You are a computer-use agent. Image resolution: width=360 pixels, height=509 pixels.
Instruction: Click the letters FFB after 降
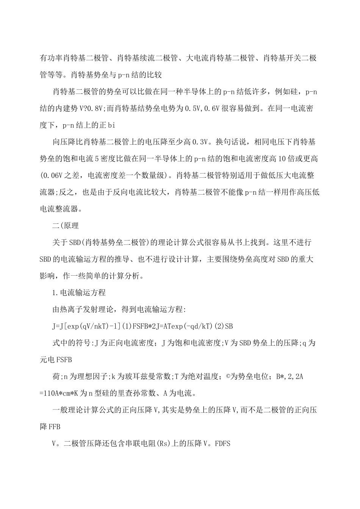(x=54, y=426)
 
